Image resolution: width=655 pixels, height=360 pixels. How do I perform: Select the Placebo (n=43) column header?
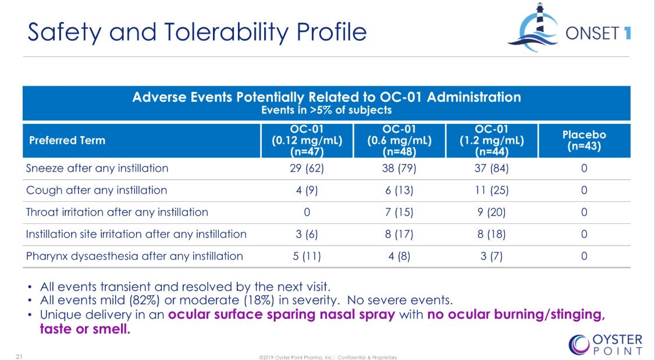(x=583, y=140)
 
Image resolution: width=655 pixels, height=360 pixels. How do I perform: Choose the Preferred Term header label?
(x=67, y=140)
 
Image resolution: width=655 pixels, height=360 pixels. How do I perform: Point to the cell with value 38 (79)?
(x=398, y=169)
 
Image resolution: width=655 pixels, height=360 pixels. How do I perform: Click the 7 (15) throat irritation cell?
(x=398, y=212)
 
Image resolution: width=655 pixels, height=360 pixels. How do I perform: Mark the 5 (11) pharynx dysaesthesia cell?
(x=306, y=256)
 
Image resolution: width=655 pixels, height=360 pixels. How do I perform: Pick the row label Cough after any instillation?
(x=97, y=190)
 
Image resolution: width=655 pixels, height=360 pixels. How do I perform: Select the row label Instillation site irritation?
(x=136, y=234)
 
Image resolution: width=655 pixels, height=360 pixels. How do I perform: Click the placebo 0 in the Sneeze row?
(x=583, y=169)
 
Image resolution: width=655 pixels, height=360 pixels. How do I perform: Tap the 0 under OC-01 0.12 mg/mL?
(x=306, y=212)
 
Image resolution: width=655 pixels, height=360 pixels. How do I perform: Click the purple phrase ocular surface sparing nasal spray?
(x=282, y=315)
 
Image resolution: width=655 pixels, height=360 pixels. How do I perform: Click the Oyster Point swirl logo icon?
(x=579, y=344)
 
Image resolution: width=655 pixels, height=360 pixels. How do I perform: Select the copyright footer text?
(x=327, y=357)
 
